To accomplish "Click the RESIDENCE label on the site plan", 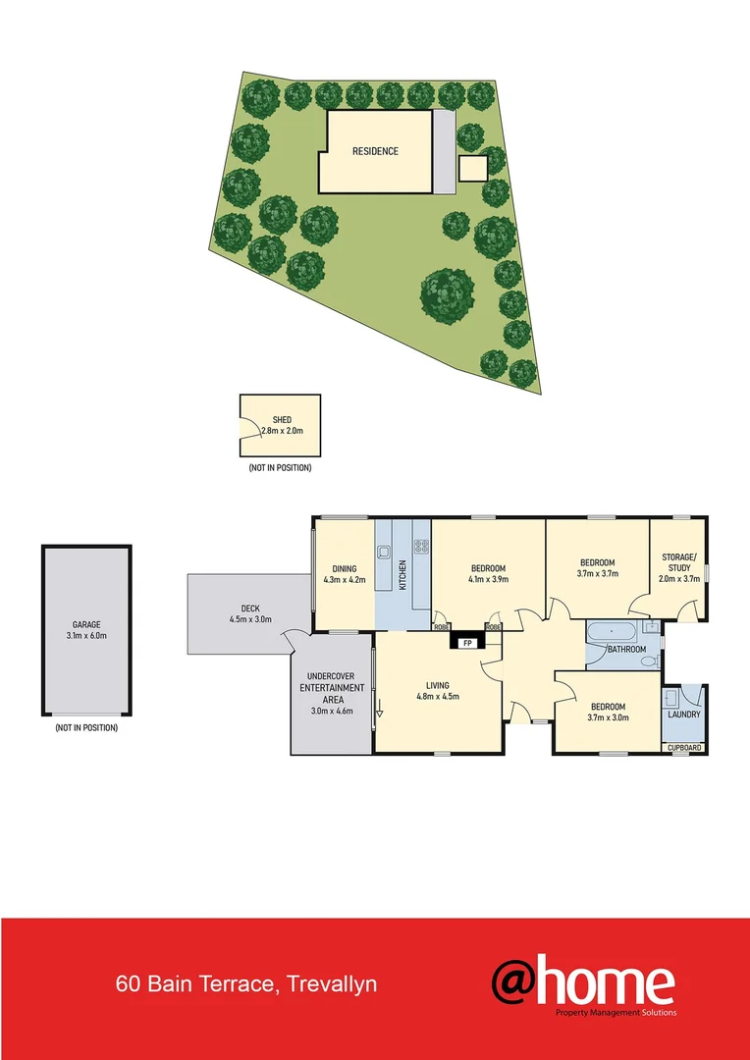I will click(375, 151).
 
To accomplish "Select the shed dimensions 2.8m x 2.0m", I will click(282, 431).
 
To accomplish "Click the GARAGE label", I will click(85, 624).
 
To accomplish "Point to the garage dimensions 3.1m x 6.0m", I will click(85, 636).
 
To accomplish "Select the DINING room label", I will click(344, 568).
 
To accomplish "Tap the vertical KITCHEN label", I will click(402, 574).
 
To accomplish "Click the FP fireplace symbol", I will click(467, 644).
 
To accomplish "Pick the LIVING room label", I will click(438, 685).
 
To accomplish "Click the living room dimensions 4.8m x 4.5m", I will click(438, 697).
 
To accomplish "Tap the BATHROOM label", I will click(625, 649).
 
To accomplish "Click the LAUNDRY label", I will click(683, 714).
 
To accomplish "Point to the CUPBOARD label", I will click(684, 748).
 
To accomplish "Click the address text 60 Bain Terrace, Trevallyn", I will click(245, 983).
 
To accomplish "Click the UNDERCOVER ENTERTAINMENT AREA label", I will click(331, 693).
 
